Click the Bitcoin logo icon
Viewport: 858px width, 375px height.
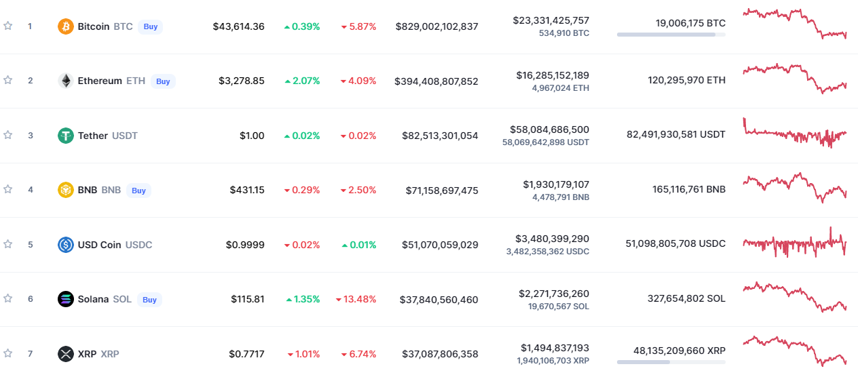pos(65,26)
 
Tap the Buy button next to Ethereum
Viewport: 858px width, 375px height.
pos(163,81)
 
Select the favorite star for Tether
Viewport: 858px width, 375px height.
pos(7,135)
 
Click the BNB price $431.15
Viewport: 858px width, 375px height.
pos(247,190)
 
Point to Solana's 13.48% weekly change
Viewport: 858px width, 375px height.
pos(356,299)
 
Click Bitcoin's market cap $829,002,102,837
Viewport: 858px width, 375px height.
pos(436,26)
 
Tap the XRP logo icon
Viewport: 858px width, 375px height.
pos(65,353)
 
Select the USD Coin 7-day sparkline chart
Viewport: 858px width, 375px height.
pos(795,243)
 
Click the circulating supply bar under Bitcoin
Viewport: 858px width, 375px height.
pos(671,35)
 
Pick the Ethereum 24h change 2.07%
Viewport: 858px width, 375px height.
pos(302,81)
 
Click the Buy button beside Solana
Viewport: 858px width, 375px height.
pos(150,300)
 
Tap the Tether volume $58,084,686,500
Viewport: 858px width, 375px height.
pos(549,130)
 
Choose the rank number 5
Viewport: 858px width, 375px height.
pos(31,245)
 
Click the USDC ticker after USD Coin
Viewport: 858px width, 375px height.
pos(138,245)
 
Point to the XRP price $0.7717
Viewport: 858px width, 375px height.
pos(246,354)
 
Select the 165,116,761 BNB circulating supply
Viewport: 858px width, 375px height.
pos(689,189)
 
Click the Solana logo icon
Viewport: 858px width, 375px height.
pos(65,299)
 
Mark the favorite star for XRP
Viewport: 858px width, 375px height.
pos(7,353)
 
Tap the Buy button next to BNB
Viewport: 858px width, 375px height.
pos(138,191)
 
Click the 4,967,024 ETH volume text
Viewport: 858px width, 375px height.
pos(561,88)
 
